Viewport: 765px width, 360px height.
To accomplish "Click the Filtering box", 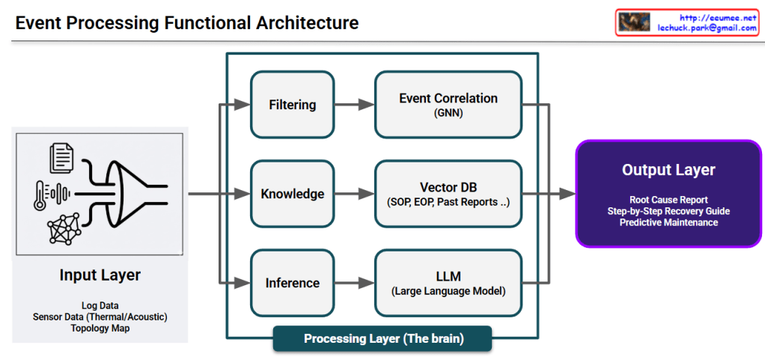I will (293, 104).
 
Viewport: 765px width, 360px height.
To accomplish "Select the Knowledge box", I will (293, 194).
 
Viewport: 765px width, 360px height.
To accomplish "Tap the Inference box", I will (293, 283).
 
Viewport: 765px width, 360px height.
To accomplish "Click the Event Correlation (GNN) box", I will (448, 104).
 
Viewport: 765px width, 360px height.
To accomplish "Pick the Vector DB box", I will (448, 194).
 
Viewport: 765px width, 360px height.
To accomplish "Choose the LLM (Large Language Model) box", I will (448, 283).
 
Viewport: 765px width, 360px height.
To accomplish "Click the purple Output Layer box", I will (668, 193).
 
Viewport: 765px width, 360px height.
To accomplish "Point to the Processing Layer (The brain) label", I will (383, 338).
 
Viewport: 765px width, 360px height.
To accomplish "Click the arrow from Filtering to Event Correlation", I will (354, 105).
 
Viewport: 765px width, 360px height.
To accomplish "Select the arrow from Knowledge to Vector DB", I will (354, 194).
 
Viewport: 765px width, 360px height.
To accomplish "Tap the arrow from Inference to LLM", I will (354, 283).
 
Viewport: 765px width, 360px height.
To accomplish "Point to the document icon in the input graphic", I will (61, 158).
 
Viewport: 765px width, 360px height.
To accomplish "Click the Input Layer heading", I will (100, 275).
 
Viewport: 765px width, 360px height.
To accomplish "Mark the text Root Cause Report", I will (668, 200).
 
